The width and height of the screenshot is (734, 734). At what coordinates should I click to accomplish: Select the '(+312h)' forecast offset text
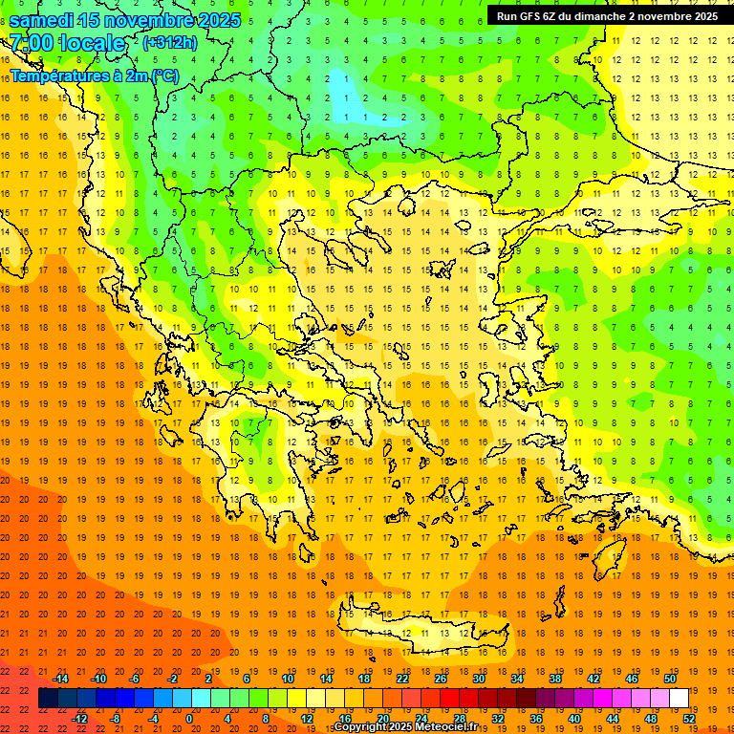point(169,43)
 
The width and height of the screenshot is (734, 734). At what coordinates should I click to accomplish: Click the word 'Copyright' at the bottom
point(362,727)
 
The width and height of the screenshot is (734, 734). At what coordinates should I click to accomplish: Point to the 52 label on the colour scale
point(689,719)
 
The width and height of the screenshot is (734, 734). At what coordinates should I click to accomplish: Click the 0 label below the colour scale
point(189,719)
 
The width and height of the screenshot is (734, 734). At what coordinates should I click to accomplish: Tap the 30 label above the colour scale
point(478,679)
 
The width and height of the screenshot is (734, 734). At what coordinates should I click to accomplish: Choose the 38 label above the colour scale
point(554,679)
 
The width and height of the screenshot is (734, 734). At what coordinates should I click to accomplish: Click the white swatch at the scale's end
point(679,699)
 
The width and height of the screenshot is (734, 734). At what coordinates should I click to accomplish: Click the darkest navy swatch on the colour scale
point(48,699)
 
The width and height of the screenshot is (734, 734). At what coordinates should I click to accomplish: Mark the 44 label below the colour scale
point(613,719)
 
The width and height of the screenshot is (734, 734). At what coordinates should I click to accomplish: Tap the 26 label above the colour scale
point(440,679)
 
